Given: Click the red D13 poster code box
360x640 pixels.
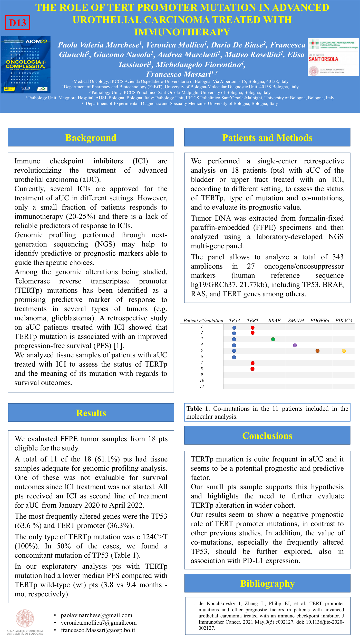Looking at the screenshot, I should click(x=17, y=23).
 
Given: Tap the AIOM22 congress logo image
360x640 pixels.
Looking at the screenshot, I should click(x=26, y=65).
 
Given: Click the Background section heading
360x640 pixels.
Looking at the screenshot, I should click(x=91, y=138).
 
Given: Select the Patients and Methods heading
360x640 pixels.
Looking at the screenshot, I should click(x=267, y=138).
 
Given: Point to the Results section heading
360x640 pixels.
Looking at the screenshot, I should click(x=91, y=413).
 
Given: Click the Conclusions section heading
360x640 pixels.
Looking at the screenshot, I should click(x=267, y=436).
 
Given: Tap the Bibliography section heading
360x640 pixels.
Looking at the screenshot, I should click(x=267, y=583).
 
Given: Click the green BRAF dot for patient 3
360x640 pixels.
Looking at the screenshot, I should click(x=273, y=339).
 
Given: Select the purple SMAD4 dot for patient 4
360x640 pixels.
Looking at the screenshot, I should click(x=295, y=345).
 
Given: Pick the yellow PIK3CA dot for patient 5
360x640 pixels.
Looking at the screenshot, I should click(x=344, y=351).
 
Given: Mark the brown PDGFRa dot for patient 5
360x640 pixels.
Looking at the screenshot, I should click(x=317, y=351).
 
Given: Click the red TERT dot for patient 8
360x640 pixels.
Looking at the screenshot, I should click(x=252, y=369).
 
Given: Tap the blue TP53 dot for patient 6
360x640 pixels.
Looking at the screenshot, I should click(x=234, y=357).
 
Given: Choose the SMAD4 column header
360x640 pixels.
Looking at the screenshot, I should click(x=296, y=320).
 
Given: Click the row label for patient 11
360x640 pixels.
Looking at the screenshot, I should click(x=202, y=386).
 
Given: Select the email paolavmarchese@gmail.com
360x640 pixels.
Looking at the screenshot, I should click(x=96, y=615).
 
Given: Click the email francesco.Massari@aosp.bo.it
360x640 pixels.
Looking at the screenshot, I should click(x=98, y=630).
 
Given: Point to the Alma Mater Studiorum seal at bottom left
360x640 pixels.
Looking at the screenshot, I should click(x=25, y=618).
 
